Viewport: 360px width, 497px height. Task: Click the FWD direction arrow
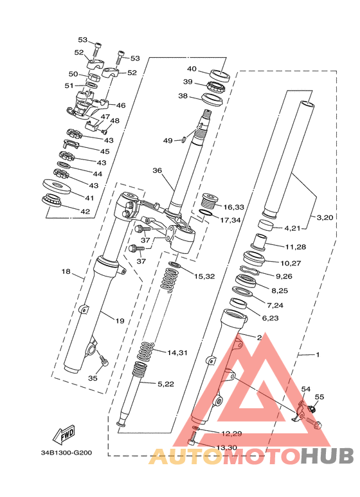pyautogui.click(x=65, y=434)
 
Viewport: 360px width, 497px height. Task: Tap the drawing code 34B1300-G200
pyautogui.click(x=66, y=453)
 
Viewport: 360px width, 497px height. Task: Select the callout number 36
pyautogui.click(x=157, y=170)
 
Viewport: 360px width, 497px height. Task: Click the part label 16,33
pyautogui.click(x=233, y=207)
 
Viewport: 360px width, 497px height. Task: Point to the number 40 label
pyautogui.click(x=192, y=69)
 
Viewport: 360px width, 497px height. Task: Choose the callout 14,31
pyautogui.click(x=177, y=352)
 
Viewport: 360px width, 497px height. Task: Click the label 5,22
pyautogui.click(x=166, y=384)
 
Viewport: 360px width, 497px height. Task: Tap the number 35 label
pyautogui.click(x=93, y=378)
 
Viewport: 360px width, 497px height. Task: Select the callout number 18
pyautogui.click(x=66, y=271)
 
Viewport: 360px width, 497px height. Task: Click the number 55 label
pyautogui.click(x=319, y=397)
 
